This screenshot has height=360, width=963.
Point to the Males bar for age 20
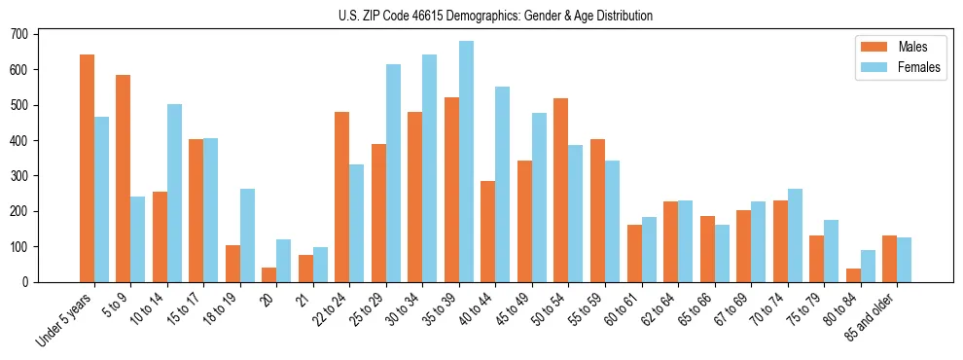(269, 274)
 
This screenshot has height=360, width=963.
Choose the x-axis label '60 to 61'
(624, 308)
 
